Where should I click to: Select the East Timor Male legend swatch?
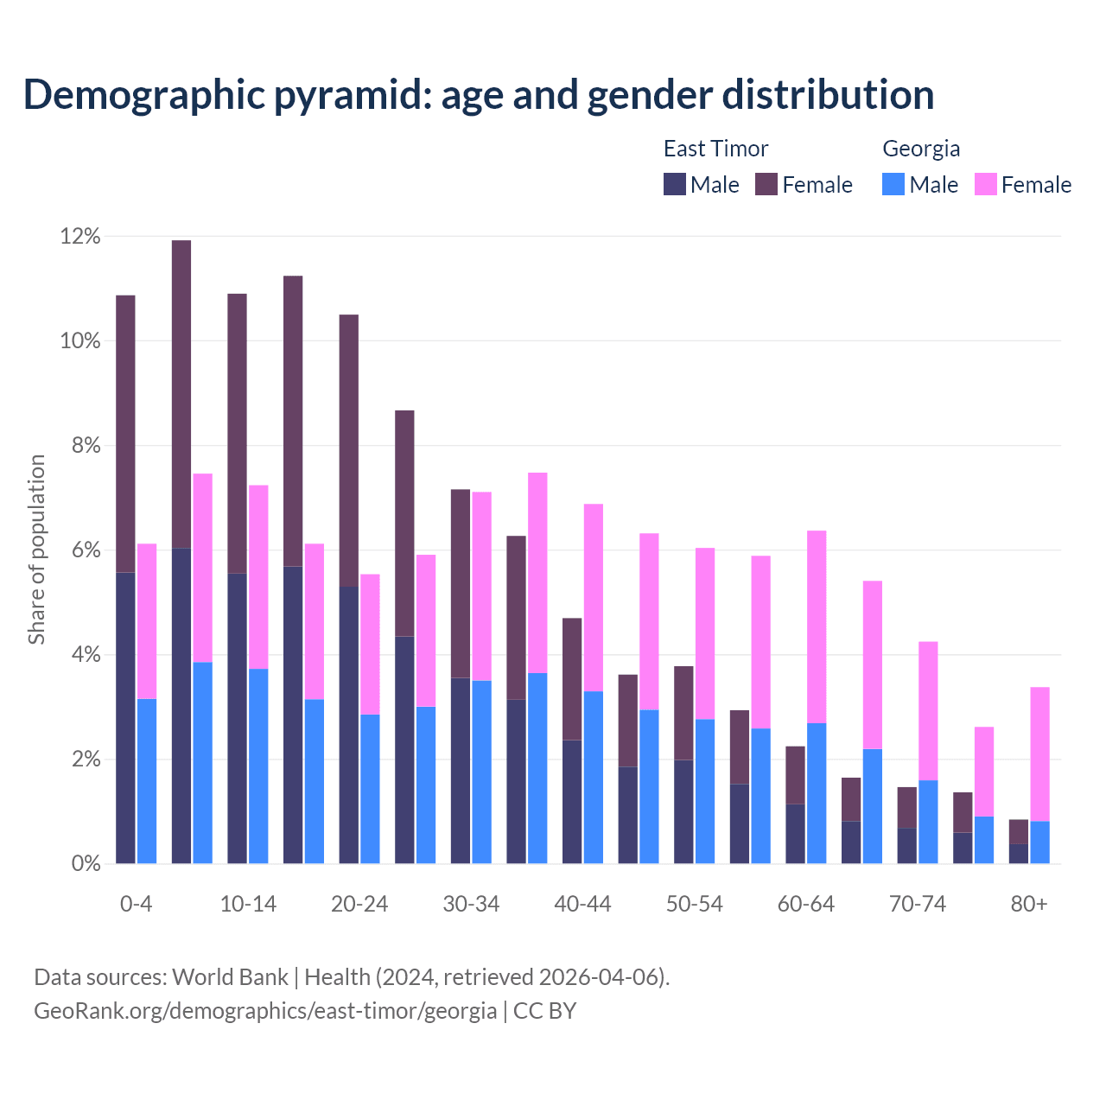(674, 184)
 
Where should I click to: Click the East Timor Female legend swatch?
(766, 184)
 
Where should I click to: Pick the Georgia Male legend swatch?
(893, 184)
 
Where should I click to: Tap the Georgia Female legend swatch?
(985, 184)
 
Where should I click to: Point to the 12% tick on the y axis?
(80, 236)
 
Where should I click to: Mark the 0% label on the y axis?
(86, 864)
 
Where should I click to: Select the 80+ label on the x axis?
(1029, 904)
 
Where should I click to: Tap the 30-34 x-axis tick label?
(471, 904)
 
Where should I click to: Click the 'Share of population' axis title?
(36, 550)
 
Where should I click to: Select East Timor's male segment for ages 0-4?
(125, 717)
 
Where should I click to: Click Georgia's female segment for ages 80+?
(1039, 753)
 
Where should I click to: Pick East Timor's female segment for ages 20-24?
(349, 450)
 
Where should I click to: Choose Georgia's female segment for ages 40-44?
(594, 597)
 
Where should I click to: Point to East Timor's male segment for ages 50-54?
(683, 811)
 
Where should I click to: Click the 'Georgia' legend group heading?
(921, 149)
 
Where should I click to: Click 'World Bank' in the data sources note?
(230, 977)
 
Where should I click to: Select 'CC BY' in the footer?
(544, 1010)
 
